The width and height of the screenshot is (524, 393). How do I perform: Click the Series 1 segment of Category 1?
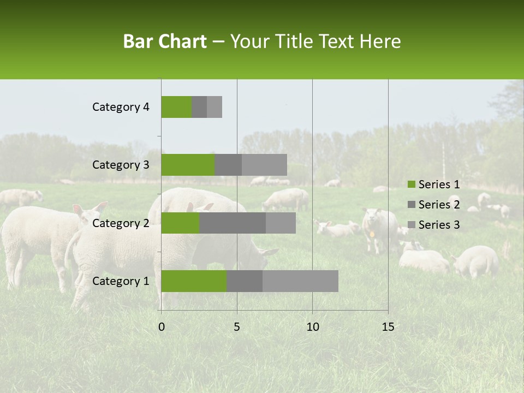point(194,281)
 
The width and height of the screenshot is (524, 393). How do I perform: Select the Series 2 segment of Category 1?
point(245,281)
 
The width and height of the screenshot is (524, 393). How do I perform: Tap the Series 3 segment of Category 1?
point(300,281)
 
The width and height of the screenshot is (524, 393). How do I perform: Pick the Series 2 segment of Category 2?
point(233,223)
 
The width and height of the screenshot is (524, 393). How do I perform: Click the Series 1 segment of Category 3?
point(188,165)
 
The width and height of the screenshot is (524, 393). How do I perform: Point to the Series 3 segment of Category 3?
point(264,165)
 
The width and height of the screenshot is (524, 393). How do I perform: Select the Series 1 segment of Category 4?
point(176,107)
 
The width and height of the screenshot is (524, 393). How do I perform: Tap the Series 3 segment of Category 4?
point(215,107)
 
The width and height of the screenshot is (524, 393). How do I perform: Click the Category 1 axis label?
point(121,281)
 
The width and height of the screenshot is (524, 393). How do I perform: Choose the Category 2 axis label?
point(121,223)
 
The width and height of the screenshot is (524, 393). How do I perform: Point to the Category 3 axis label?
point(121,165)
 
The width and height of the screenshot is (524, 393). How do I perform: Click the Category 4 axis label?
point(121,107)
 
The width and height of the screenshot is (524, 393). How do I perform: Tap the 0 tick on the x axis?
point(162,327)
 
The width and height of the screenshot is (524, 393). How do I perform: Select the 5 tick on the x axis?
point(237,327)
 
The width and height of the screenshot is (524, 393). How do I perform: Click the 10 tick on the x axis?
point(312,327)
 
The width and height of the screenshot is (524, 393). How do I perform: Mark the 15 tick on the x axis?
point(388,327)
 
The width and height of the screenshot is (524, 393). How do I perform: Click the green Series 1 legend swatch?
point(411,184)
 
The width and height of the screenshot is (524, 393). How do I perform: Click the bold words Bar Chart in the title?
point(165,41)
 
